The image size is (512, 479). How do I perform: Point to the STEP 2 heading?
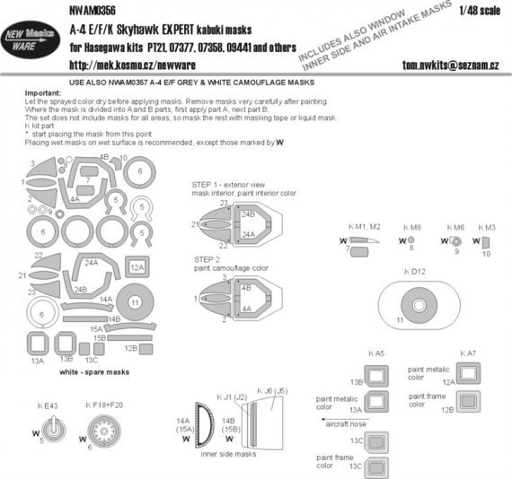click(x=209, y=257)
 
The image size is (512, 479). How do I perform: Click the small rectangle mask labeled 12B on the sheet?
click(x=131, y=348)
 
